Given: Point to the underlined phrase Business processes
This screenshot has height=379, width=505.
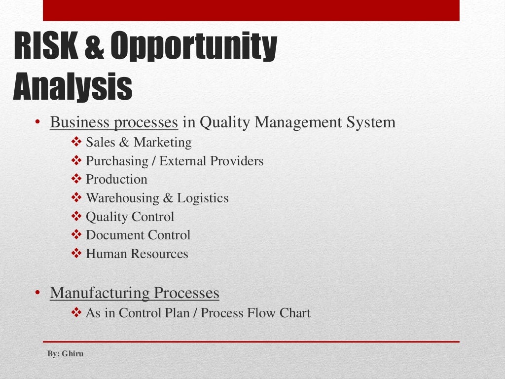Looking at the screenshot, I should click(x=113, y=122).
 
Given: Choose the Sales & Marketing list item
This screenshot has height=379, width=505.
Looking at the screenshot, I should click(x=139, y=143).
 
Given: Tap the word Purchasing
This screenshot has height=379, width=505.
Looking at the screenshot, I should click(x=117, y=161).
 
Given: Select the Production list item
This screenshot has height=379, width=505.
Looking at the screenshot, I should click(x=116, y=179).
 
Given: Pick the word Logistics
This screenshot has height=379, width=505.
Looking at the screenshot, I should click(x=203, y=198).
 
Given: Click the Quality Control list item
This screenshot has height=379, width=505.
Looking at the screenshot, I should click(x=130, y=217).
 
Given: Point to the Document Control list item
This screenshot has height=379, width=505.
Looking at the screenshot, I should click(x=138, y=235).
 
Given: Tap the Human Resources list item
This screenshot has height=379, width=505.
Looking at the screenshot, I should click(x=137, y=254).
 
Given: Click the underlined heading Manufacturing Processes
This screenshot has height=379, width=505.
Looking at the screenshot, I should click(x=134, y=293).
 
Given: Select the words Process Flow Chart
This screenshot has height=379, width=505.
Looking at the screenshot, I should click(x=255, y=313).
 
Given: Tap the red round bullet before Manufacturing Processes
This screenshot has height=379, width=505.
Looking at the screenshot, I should click(x=37, y=293).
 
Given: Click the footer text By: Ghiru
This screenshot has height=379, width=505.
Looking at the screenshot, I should click(x=65, y=354).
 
